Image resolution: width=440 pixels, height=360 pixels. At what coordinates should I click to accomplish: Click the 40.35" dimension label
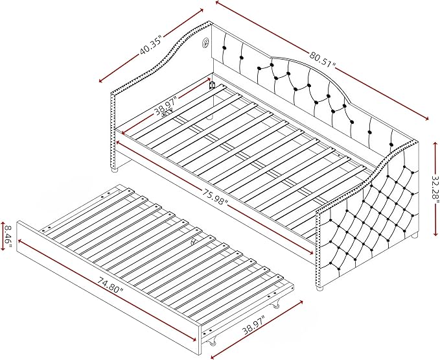(x=152, y=45)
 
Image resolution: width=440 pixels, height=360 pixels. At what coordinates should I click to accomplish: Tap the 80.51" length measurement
(x=323, y=58)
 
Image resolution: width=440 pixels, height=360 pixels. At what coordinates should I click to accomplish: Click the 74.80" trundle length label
(x=111, y=285)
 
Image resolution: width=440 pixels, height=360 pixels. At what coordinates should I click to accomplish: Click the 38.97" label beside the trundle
(x=254, y=326)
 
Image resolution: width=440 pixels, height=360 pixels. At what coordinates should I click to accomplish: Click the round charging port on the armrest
(x=206, y=43)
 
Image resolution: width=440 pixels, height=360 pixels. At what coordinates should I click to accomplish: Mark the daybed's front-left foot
(x=114, y=169)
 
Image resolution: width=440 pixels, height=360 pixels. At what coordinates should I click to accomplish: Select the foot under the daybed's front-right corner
(x=319, y=288)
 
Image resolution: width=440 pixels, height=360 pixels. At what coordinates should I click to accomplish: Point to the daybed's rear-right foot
(x=414, y=237)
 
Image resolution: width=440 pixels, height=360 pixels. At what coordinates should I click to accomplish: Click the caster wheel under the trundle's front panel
(x=213, y=342)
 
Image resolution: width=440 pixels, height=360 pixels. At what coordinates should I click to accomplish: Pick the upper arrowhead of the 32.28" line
(x=435, y=144)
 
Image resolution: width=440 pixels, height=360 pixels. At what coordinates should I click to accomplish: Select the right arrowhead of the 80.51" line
(x=426, y=118)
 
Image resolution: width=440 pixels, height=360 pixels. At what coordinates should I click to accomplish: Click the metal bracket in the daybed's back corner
(x=212, y=85)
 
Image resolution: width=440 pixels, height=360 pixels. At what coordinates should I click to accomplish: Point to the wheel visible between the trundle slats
(x=194, y=241)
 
